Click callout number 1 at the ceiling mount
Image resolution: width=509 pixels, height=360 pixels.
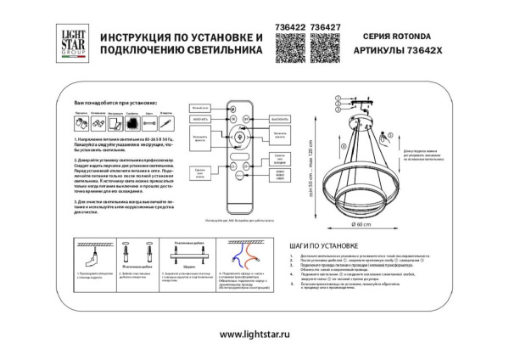336,95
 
